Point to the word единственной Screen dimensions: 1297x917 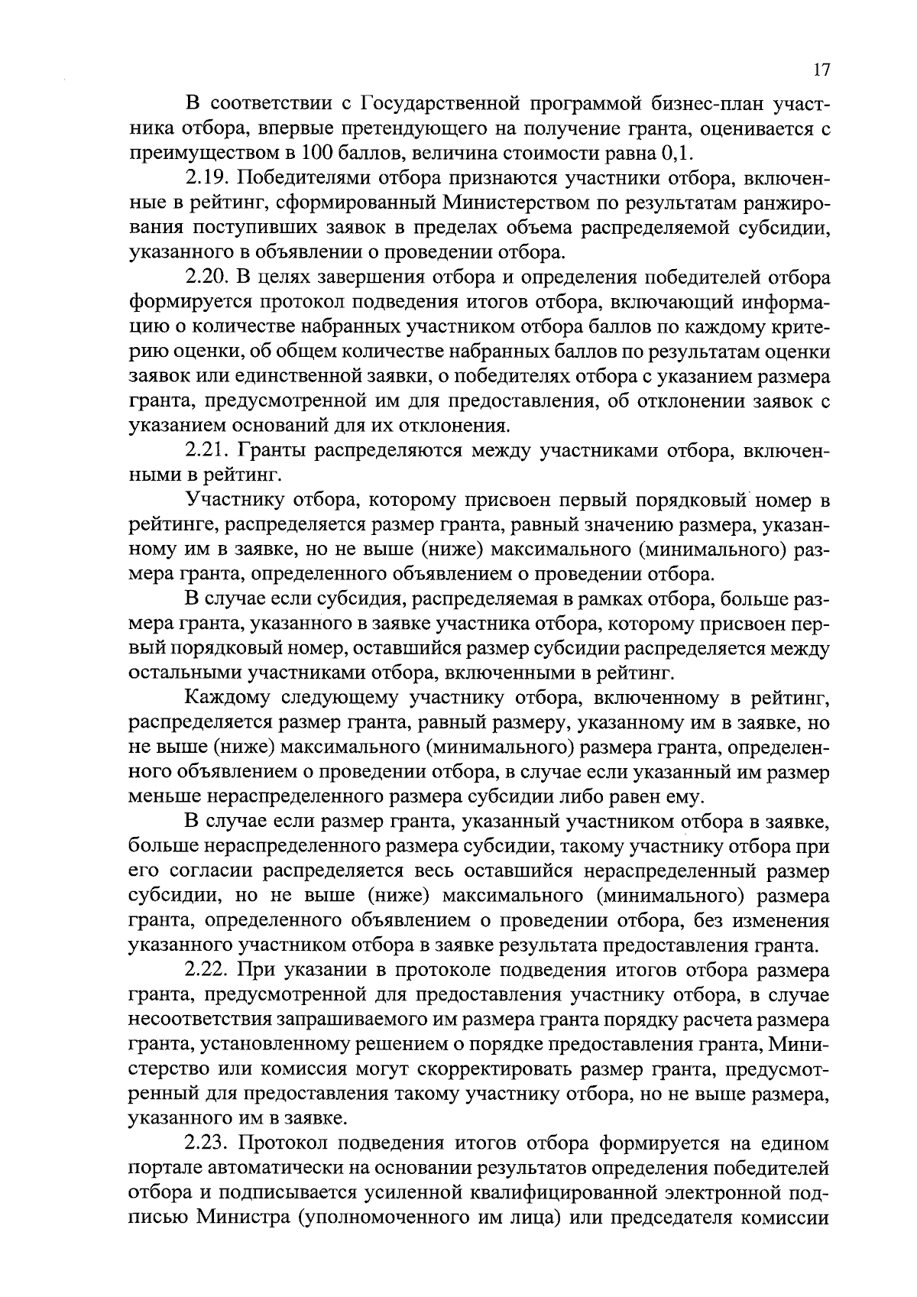tap(267, 377)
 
